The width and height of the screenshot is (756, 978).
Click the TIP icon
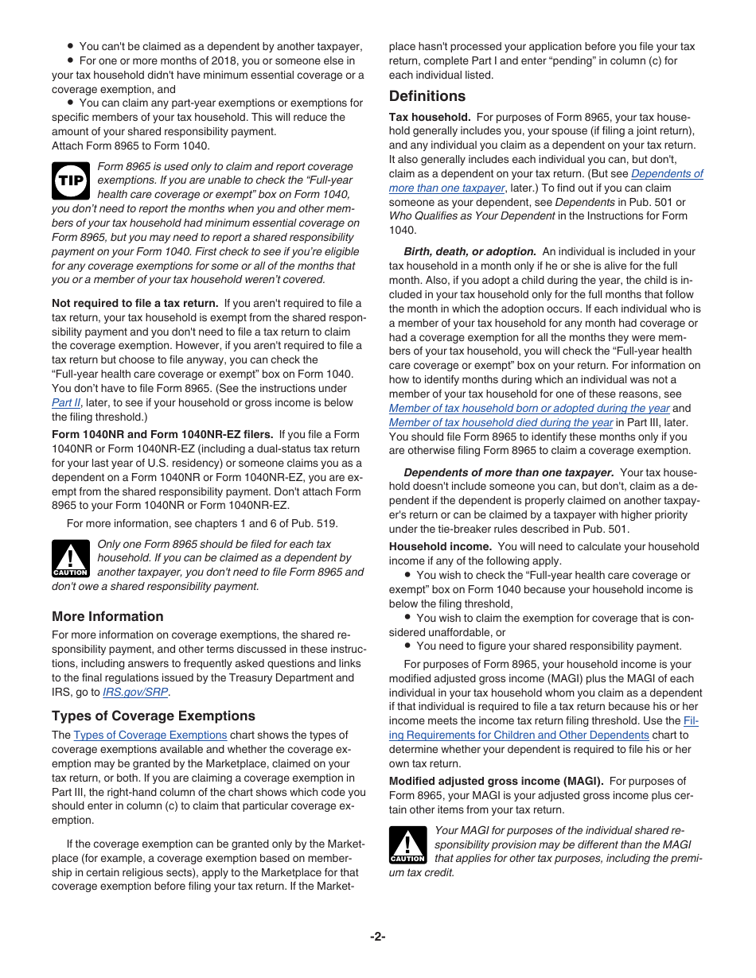click(x=70, y=180)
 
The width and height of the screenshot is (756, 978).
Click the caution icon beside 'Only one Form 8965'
click(x=70, y=558)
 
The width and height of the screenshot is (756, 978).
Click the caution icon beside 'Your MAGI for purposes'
click(x=407, y=844)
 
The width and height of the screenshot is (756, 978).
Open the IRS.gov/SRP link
click(x=135, y=692)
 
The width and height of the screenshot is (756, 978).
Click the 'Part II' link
click(x=66, y=402)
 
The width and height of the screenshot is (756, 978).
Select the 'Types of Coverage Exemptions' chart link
click(x=150, y=735)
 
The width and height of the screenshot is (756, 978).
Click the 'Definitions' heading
click(x=427, y=96)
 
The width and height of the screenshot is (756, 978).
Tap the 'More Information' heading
click(x=107, y=616)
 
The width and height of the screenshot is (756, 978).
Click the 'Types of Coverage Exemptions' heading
click(x=154, y=716)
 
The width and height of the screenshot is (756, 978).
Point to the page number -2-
click(x=377, y=937)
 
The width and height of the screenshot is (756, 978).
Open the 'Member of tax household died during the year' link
click(x=501, y=422)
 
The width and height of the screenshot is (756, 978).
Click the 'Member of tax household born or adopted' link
click(x=529, y=408)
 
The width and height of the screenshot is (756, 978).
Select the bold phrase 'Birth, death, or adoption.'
click(x=470, y=251)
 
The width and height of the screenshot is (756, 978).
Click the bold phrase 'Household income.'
click(x=440, y=546)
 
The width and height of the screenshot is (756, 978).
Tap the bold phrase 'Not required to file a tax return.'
click(x=134, y=303)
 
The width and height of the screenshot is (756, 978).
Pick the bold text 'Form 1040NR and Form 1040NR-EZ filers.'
click(x=162, y=434)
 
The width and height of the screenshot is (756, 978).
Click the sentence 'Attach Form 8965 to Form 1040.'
click(x=131, y=146)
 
